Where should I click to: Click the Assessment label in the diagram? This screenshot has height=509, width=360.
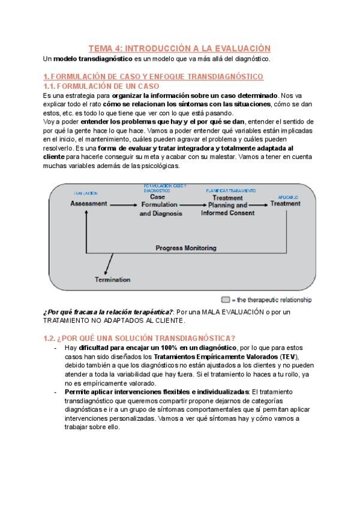click(x=88, y=203)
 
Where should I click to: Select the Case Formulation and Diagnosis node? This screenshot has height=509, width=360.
click(x=157, y=205)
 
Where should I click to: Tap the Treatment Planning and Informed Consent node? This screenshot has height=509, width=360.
click(x=227, y=205)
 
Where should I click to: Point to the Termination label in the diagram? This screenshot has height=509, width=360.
click(x=113, y=279)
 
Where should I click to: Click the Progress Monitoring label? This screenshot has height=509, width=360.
click(x=185, y=247)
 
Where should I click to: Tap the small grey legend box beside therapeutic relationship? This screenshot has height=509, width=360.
click(x=226, y=299)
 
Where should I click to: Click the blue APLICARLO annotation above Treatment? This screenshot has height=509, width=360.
click(x=287, y=197)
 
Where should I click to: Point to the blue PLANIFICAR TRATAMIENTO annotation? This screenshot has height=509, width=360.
click(x=227, y=190)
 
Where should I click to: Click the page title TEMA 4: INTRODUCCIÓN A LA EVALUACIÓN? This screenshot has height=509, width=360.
click(x=179, y=48)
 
